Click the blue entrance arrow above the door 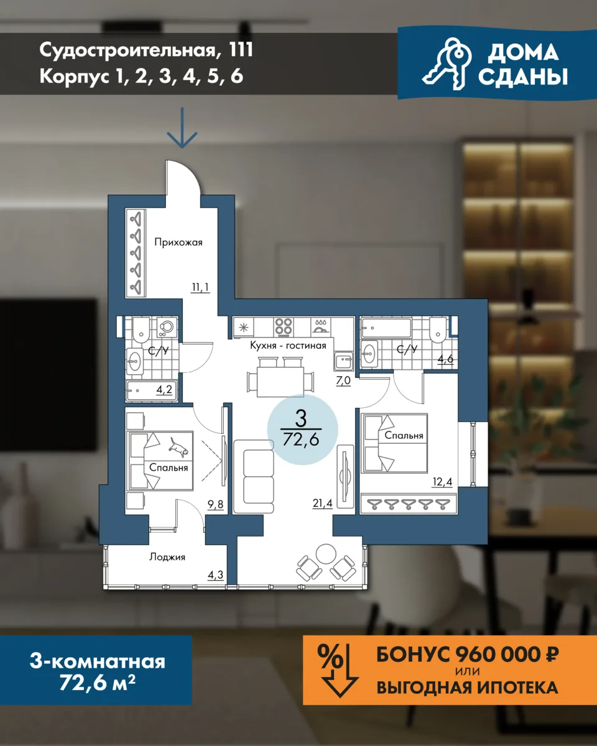[x=182, y=127]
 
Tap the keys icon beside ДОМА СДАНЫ [x=447, y=64]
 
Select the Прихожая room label [x=178, y=242]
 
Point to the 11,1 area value [x=200, y=287]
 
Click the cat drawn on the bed [x=178, y=447]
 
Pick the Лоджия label [x=167, y=557]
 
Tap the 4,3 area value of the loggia [x=215, y=575]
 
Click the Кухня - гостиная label [x=288, y=345]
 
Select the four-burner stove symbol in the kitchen [x=283, y=326]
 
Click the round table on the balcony [x=325, y=554]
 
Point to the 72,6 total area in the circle [x=301, y=440]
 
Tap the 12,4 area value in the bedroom [x=442, y=482]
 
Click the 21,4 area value [x=322, y=503]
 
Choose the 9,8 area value [x=215, y=504]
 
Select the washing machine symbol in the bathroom [x=167, y=326]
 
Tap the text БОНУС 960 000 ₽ [x=467, y=655]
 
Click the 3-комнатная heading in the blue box [x=98, y=661]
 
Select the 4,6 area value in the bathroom [x=445, y=359]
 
